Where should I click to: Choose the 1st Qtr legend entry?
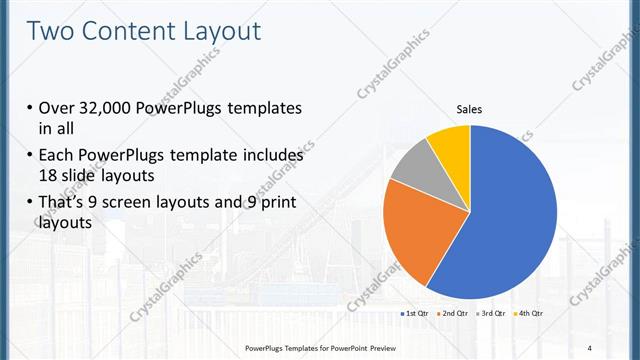(414, 314)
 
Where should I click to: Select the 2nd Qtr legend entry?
(456, 314)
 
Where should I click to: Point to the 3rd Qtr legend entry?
(494, 314)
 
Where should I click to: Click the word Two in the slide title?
(50, 31)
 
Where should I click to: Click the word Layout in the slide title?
(219, 31)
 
